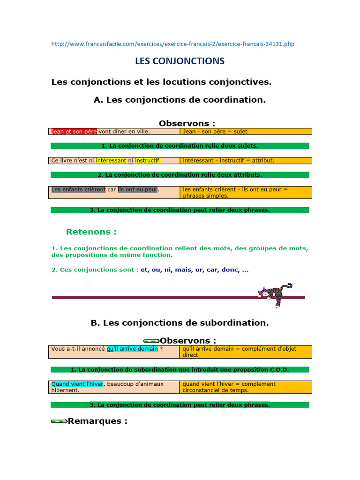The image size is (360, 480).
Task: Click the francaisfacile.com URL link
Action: click(172, 44)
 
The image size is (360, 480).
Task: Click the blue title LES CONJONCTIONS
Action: click(180, 61)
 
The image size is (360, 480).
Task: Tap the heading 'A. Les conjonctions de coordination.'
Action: click(180, 99)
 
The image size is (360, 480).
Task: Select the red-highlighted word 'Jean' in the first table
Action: click(57, 132)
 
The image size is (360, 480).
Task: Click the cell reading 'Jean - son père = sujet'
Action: click(246, 132)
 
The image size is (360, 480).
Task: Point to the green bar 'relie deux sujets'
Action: click(180, 146)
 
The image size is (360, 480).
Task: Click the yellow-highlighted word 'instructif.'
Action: click(148, 160)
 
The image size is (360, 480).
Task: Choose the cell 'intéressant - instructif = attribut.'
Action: click(246, 160)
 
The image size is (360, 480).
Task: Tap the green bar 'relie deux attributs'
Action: click(180, 174)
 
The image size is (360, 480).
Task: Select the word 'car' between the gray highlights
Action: click(112, 189)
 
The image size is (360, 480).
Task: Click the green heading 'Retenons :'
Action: click(91, 232)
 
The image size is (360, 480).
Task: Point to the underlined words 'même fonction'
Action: click(145, 255)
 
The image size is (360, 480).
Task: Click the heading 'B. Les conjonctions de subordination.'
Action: click(180, 323)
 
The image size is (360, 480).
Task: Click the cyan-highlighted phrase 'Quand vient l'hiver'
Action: click(77, 384)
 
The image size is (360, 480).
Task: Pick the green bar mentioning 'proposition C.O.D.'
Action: click(180, 369)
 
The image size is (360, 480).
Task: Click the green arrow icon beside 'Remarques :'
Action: click(59, 421)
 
